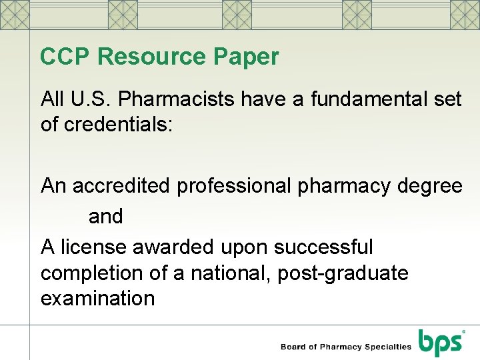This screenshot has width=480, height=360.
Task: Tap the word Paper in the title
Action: click(x=247, y=57)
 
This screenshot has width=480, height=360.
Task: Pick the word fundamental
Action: click(x=351, y=100)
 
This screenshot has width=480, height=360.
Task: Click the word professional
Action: click(x=233, y=185)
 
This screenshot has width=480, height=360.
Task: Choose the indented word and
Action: click(x=106, y=216)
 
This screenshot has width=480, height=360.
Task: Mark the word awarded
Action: click(x=173, y=247)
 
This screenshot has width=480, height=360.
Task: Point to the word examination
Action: click(x=97, y=298)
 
